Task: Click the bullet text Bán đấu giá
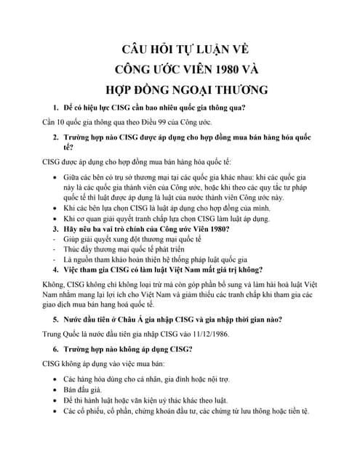[84, 389]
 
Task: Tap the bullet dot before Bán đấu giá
[57, 389]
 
